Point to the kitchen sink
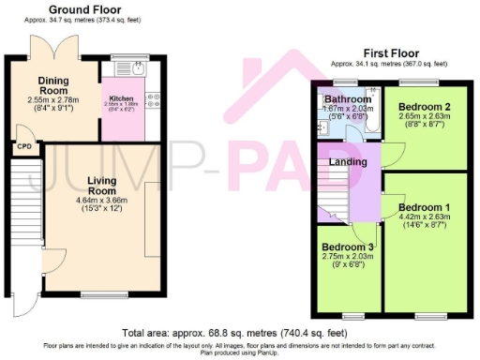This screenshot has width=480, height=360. [136, 68]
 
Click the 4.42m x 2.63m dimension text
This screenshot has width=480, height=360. [425, 217]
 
